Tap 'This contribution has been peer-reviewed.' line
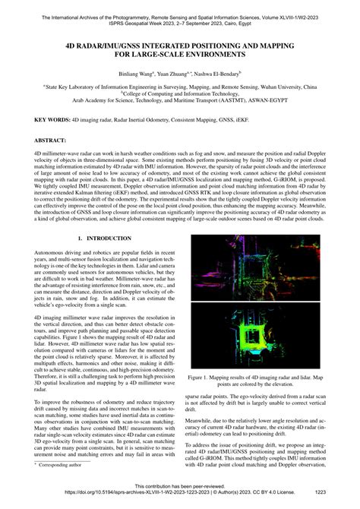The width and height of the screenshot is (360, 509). point(181,485)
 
